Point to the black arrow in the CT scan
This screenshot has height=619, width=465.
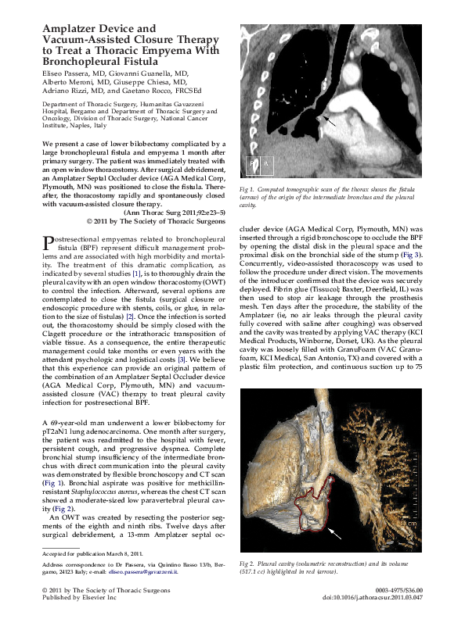pyautogui.click(x=330, y=121)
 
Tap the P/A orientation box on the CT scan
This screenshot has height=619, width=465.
pyautogui.click(x=259, y=164)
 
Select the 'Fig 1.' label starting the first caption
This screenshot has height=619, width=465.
pyautogui.click(x=248, y=190)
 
